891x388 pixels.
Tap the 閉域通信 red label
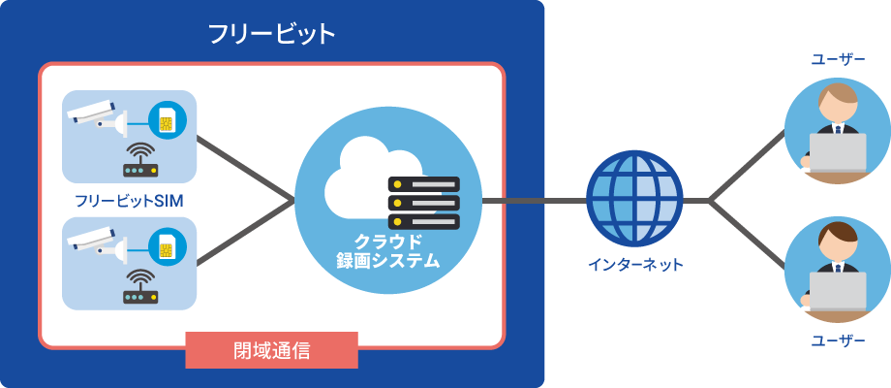coord(271,350)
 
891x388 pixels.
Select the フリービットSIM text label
coord(129,201)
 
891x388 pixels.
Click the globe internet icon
coord(634,199)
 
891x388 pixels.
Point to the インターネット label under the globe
coord(634,264)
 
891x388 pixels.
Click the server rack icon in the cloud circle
coord(423,203)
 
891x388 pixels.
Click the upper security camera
coord(97,117)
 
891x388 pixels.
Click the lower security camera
coord(97,242)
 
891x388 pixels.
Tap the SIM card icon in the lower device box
coord(167,246)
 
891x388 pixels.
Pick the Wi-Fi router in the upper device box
coord(141,164)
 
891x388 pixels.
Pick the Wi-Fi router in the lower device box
coord(141,288)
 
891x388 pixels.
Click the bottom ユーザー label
coord(837,339)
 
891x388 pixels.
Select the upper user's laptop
coord(839,153)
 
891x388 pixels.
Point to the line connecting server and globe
coord(533,201)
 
